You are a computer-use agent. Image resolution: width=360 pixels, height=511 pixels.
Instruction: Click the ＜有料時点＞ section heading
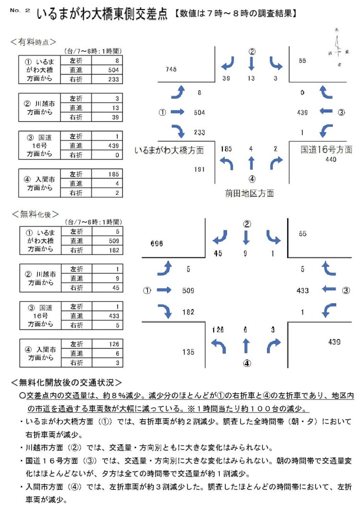(33, 42)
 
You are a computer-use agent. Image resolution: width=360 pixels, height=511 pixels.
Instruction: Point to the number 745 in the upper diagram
(171, 69)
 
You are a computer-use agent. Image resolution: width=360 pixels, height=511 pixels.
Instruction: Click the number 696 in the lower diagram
(156, 244)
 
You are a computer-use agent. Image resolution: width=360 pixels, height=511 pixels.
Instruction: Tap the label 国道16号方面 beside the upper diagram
(326, 150)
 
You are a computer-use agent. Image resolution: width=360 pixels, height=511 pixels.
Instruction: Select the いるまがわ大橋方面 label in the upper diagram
(169, 150)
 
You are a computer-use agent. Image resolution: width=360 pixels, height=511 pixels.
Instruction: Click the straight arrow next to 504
(178, 112)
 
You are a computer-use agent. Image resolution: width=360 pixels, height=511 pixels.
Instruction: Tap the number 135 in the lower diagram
(188, 352)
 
